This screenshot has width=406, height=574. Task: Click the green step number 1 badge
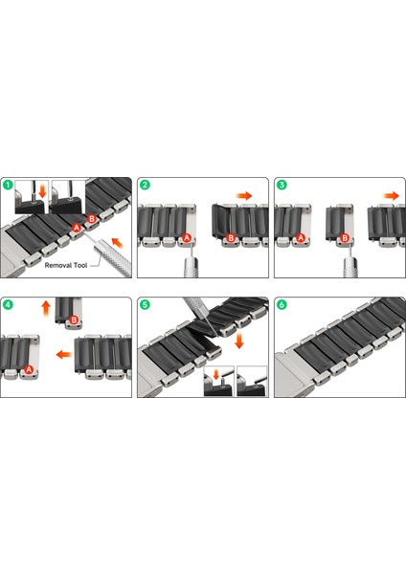tap(8, 185)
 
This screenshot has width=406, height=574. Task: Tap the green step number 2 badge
tap(146, 185)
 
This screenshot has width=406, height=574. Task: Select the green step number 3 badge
tap(282, 185)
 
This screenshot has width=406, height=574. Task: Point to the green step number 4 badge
tap(8, 304)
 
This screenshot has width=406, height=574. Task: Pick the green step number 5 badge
tap(146, 304)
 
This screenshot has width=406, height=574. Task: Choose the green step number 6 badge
tap(282, 304)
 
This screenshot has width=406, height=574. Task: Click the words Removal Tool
tap(66, 265)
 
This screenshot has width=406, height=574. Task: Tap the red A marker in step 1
tap(77, 228)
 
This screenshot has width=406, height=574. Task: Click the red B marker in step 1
tap(92, 219)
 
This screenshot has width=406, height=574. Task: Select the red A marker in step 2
tap(187, 238)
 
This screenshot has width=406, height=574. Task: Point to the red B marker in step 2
tap(231, 238)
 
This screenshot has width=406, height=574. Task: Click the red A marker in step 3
tap(301, 238)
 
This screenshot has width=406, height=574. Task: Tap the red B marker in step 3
tap(345, 238)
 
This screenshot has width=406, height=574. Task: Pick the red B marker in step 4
tap(74, 320)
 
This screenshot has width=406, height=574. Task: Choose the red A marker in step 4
tap(29, 369)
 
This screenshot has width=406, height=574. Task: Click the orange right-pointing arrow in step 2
tap(244, 195)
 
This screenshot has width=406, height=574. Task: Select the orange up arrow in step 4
tap(46, 309)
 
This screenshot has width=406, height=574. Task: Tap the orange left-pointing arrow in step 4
tap(64, 354)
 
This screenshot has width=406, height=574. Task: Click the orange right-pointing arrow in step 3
tap(392, 195)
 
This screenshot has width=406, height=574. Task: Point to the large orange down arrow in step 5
tap(239, 341)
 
